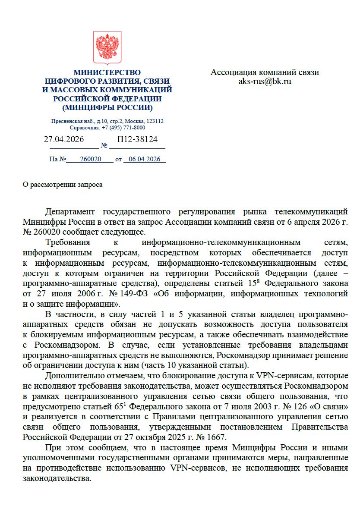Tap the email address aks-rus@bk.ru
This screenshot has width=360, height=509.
(265, 81)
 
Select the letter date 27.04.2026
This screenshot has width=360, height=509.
(64, 139)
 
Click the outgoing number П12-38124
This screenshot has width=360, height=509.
(137, 139)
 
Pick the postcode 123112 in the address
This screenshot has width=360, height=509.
(155, 122)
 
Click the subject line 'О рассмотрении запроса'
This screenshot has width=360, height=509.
(63, 185)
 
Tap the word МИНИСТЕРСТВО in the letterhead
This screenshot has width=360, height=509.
(107, 72)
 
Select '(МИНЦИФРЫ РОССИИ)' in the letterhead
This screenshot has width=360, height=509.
(107, 107)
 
